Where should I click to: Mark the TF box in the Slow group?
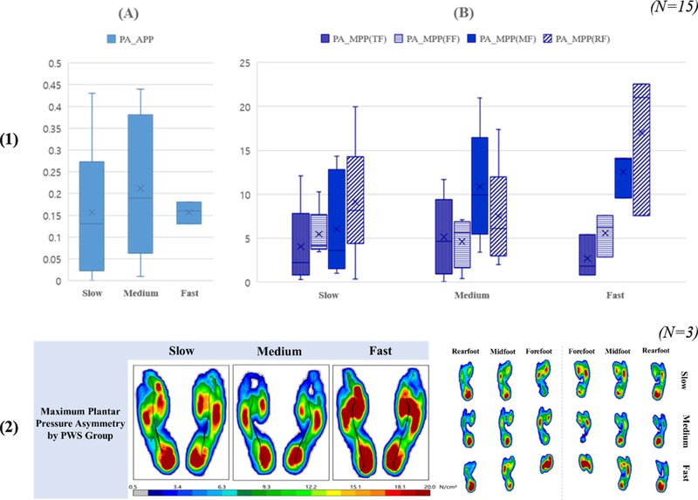click(x=300, y=243)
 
